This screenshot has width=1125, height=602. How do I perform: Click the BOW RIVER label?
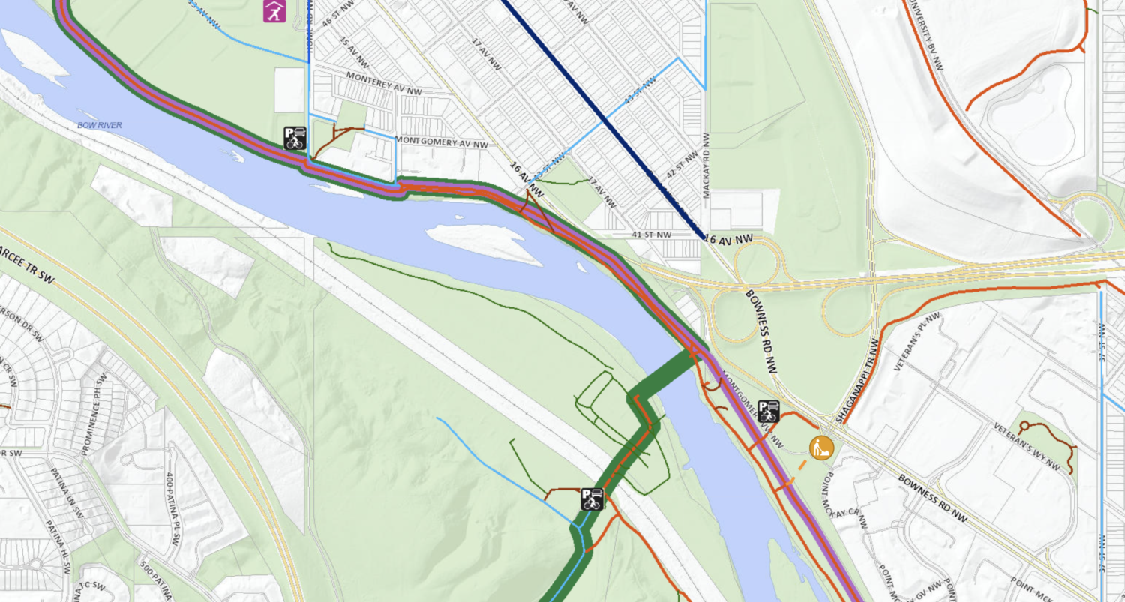(99, 125)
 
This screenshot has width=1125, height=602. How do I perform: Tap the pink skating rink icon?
(274, 10)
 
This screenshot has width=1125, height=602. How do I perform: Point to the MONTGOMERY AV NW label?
(441, 142)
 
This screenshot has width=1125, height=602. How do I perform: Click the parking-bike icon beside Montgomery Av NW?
(295, 138)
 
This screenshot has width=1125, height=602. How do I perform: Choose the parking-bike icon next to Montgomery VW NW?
(769, 411)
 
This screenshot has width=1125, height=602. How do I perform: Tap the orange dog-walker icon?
(822, 448)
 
